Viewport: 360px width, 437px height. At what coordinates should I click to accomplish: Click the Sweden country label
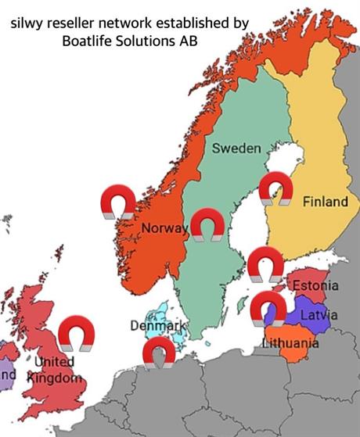tap(236, 148)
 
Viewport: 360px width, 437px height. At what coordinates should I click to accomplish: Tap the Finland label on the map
tap(325, 202)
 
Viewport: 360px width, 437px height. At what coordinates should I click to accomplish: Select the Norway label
tap(165, 228)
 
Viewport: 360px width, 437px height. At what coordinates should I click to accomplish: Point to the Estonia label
tap(316, 285)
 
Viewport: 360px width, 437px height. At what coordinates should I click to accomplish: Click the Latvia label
tap(319, 314)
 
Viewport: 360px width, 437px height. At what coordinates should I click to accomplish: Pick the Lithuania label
tap(291, 343)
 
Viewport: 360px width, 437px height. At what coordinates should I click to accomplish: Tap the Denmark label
tap(158, 325)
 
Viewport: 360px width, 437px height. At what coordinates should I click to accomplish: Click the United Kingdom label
tap(54, 370)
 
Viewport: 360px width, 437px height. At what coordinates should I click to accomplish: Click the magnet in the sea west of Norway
tap(118, 202)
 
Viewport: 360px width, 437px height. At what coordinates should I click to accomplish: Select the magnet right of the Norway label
tap(207, 224)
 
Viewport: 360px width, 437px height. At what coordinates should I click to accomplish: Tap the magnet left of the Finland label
tap(275, 189)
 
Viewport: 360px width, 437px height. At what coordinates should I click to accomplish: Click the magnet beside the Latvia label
tap(268, 308)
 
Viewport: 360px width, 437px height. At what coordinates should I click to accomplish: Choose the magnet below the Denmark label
tap(160, 353)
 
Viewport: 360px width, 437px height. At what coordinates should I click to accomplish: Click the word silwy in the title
tap(27, 23)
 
